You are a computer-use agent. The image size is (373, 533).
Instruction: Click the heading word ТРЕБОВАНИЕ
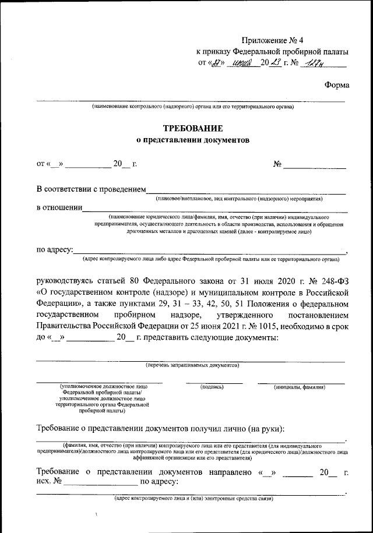pyautogui.click(x=192, y=128)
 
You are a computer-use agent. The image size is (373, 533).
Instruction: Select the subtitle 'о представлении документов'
pyautogui.click(x=192, y=140)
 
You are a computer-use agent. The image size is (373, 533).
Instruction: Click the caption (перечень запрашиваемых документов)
pyautogui.click(x=192, y=365)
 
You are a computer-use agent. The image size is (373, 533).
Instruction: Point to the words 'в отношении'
pyautogui.click(x=59, y=208)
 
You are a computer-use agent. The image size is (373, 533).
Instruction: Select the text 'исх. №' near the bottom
pyautogui.click(x=49, y=482)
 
